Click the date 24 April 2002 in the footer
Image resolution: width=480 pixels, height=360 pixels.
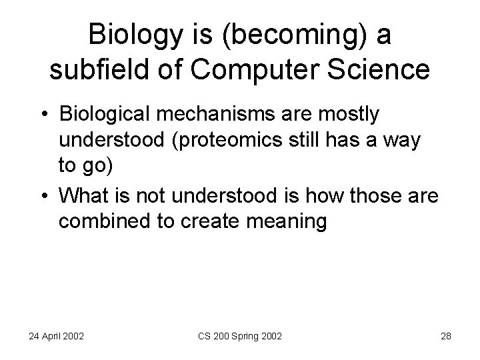coord(56,336)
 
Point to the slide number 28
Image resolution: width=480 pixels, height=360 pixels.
coord(445,336)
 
